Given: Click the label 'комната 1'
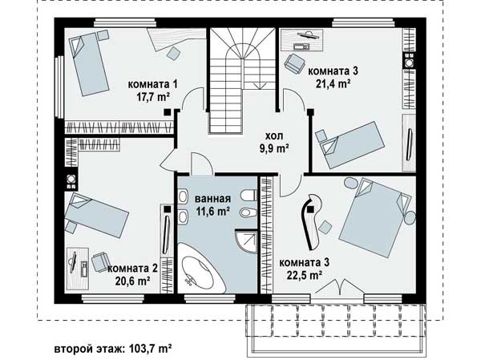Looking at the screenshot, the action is [x=153, y=84].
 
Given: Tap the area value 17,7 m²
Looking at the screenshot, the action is [x=153, y=97].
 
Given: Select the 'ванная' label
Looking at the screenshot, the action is [x=212, y=199].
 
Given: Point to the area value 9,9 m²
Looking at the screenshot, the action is [x=274, y=148].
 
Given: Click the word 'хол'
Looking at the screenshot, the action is [x=274, y=136].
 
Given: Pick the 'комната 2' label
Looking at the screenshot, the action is [x=132, y=269].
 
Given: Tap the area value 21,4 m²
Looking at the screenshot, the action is [x=333, y=83].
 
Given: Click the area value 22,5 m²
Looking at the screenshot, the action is [x=305, y=275].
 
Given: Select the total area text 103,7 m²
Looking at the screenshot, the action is [x=151, y=349].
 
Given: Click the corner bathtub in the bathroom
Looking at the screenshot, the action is [x=200, y=270].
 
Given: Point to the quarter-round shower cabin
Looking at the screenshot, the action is [x=246, y=241].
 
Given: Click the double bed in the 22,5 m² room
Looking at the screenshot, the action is [x=375, y=216].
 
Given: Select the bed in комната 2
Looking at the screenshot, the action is [x=96, y=215].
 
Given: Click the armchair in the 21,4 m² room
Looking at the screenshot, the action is [x=294, y=63].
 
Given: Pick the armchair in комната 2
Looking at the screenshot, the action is [x=100, y=261].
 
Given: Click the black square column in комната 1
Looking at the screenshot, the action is [x=168, y=112].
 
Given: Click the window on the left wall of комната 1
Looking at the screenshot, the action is [x=59, y=87].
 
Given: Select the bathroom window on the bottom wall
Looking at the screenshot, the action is [x=210, y=298].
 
